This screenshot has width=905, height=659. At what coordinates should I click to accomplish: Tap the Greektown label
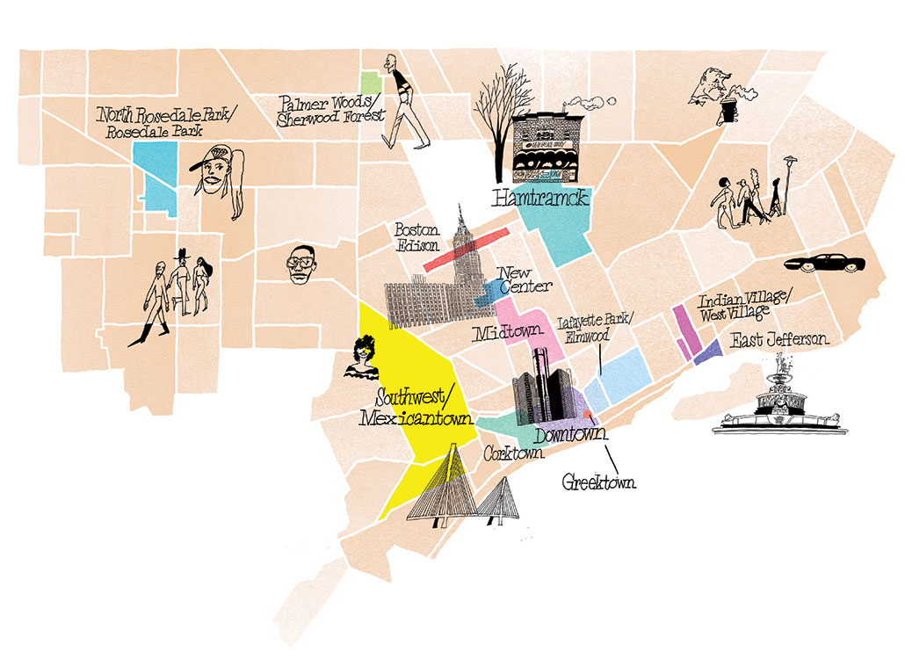600,482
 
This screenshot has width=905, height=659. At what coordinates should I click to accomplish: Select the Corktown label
513,454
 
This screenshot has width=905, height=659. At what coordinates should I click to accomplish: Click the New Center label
524,279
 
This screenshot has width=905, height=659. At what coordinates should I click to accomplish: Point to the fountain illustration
780,401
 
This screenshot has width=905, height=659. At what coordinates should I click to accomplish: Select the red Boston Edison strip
466,250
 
